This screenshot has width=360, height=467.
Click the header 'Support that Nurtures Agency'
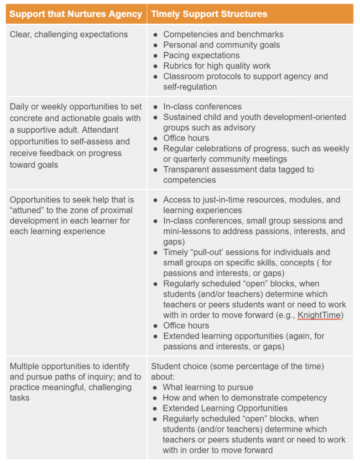[x=76, y=14]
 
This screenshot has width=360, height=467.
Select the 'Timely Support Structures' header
[x=209, y=14]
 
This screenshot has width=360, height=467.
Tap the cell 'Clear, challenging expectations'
[x=69, y=34]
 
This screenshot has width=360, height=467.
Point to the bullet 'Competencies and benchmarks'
[x=223, y=34]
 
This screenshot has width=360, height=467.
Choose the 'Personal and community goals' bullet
[x=221, y=45]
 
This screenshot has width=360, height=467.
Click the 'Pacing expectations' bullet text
[x=201, y=55]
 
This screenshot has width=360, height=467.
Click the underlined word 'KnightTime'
[x=319, y=315]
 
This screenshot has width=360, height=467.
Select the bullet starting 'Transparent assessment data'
[x=238, y=169]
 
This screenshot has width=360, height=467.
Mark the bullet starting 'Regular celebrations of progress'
[x=256, y=148]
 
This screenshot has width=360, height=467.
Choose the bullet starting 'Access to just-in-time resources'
[x=251, y=200]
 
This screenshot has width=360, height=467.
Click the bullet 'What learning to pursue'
[x=208, y=387]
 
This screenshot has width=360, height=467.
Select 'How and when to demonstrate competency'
[x=245, y=398]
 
